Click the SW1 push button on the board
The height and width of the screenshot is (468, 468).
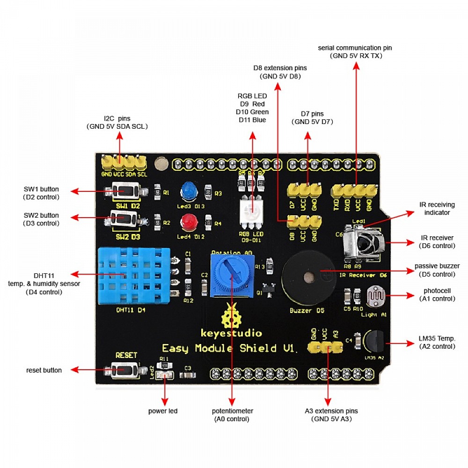pos(124,191)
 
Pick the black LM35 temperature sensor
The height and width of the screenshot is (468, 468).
pos(373,342)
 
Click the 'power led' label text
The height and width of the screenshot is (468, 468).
pos(163,411)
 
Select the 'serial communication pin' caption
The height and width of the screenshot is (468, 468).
pos(355,51)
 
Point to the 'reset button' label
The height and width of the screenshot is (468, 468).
pos(44,370)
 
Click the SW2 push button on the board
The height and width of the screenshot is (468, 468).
pos(124,218)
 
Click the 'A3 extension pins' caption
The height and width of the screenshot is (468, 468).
pos(331,415)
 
